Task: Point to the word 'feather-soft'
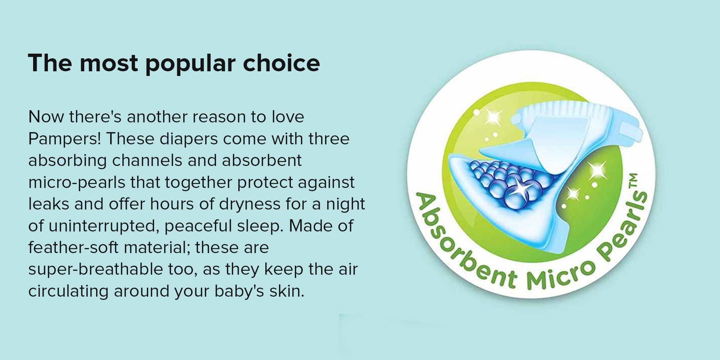[73, 247]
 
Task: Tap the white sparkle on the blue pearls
[519, 188]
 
